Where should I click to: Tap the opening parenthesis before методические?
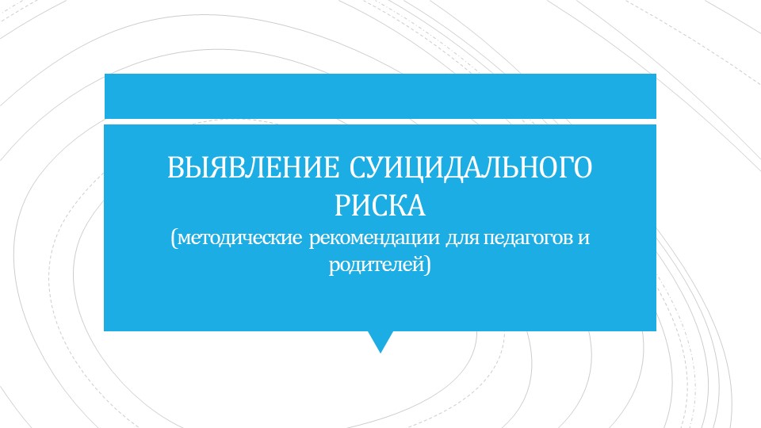pyautogui.click(x=173, y=239)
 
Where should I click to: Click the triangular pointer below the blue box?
pyautogui.click(x=380, y=341)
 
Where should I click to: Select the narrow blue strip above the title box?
pyautogui.click(x=380, y=96)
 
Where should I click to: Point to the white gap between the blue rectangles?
pyautogui.click(x=380, y=121)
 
